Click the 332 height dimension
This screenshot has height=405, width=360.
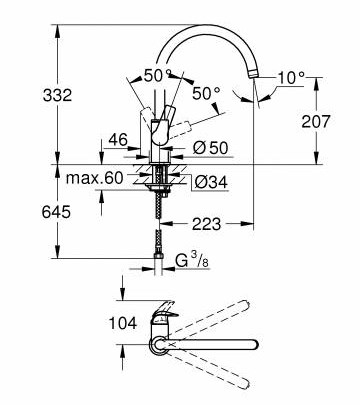coord(57,96)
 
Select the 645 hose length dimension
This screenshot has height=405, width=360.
coord(56,212)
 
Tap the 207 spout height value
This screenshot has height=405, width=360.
coord(316,121)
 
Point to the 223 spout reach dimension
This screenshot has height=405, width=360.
coord(206,224)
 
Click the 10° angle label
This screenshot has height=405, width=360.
coord(291,78)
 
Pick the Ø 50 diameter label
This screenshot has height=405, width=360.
coord(211,148)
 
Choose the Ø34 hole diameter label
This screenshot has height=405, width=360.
coord(211,182)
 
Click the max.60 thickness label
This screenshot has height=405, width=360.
coord(94,178)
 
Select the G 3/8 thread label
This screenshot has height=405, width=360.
coord(192,261)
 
